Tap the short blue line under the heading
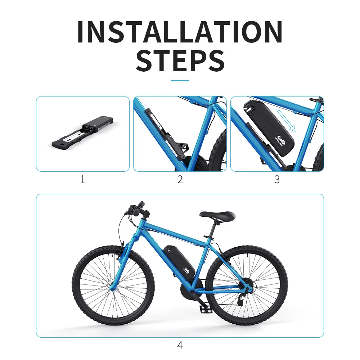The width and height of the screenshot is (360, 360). coord(180,80)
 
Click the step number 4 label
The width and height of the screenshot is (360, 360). coord(180,346)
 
